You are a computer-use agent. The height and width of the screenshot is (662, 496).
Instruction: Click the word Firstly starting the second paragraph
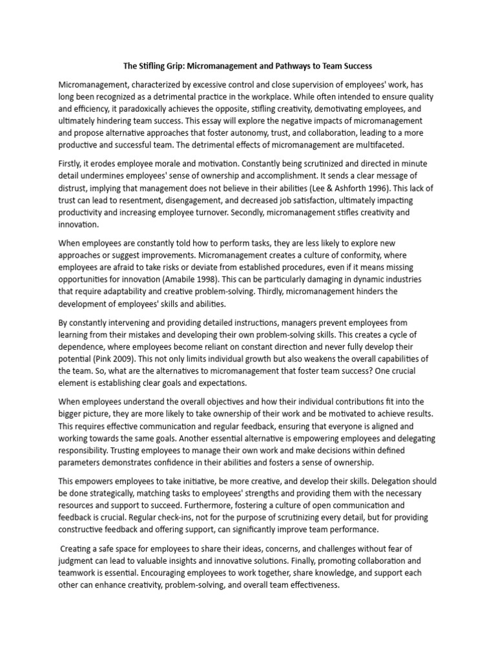[x=72, y=164]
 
